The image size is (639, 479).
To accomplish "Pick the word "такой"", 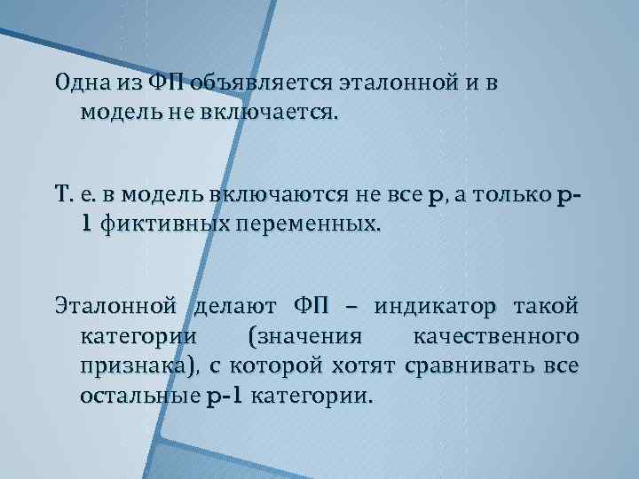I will click(x=550, y=308).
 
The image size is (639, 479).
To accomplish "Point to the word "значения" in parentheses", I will click(x=305, y=337).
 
